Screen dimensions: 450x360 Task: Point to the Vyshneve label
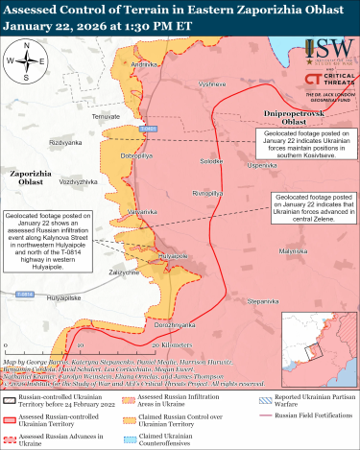[x=211, y=84]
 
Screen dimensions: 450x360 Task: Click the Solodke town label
[x=199, y=161]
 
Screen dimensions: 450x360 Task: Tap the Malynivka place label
[x=293, y=250]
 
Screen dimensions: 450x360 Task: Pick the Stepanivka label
[x=263, y=300]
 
